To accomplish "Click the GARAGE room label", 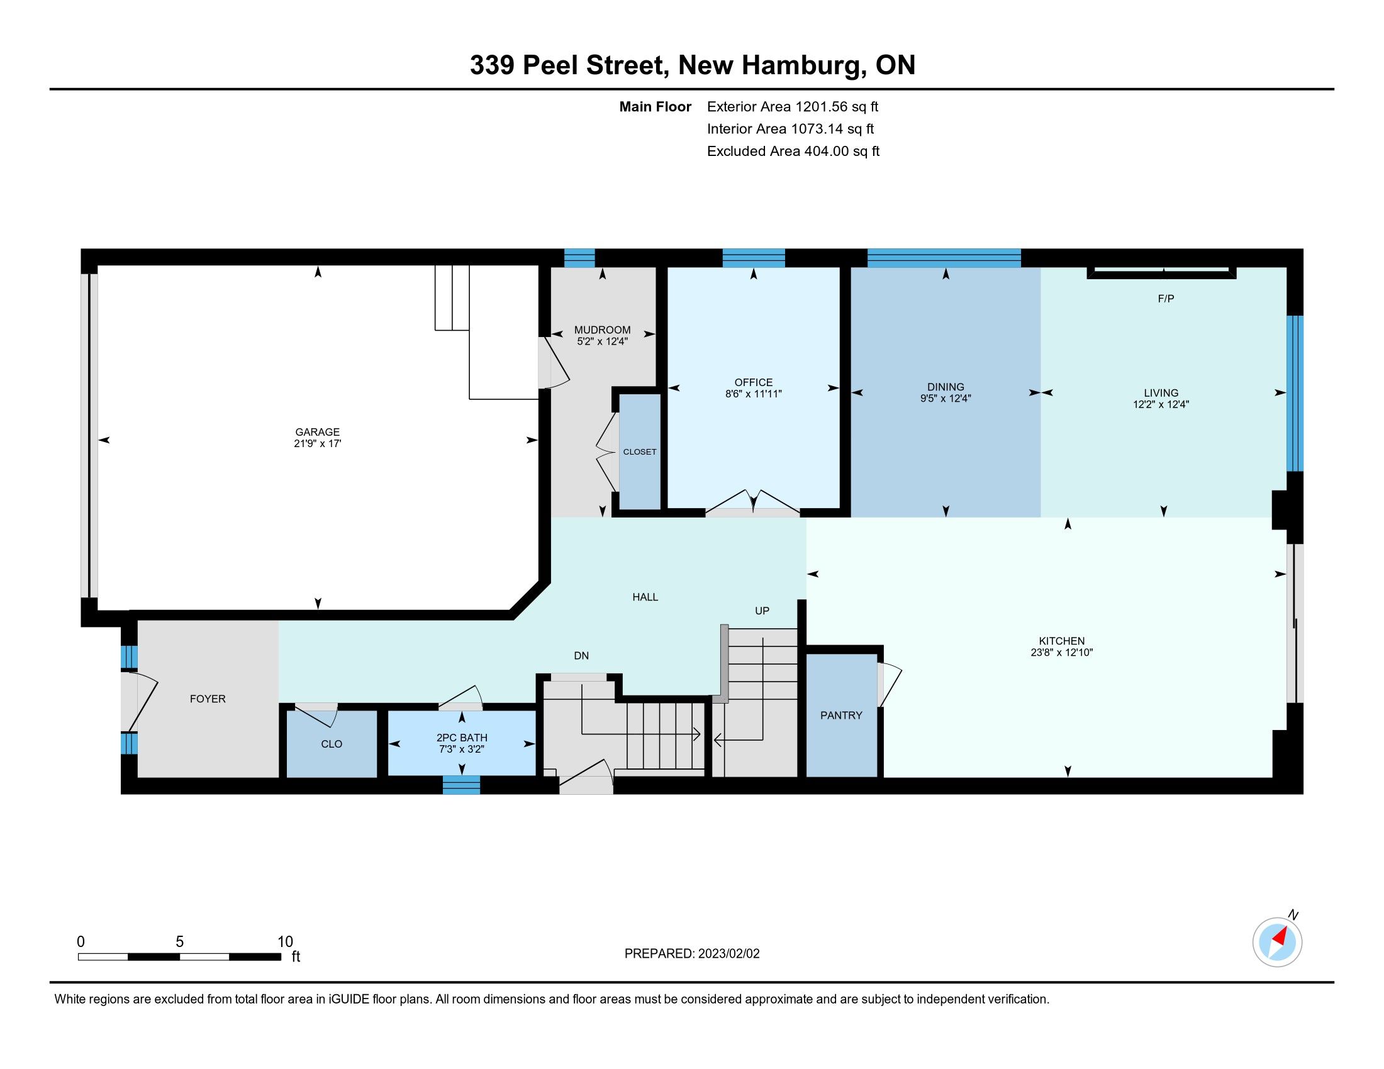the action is [318, 432].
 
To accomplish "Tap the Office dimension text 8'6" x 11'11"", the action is [754, 394].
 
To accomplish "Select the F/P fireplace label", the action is [1166, 298].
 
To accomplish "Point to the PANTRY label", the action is [841, 715].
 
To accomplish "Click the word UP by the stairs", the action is [762, 611].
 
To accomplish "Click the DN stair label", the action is [581, 655].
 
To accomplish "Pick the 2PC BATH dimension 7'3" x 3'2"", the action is [461, 749].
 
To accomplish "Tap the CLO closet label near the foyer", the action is [332, 744].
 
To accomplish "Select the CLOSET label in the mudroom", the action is [639, 451].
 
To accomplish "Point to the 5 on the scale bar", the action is [179, 942].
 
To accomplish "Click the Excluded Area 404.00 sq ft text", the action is [793, 151].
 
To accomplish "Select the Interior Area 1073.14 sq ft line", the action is [790, 128].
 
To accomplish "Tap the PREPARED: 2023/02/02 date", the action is [692, 953].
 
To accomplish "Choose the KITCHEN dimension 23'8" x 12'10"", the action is [1061, 652].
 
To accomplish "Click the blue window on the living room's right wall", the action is [1295, 393].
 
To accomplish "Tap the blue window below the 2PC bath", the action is [461, 785].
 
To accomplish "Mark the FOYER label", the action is [208, 699].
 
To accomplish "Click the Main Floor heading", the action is [656, 106].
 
